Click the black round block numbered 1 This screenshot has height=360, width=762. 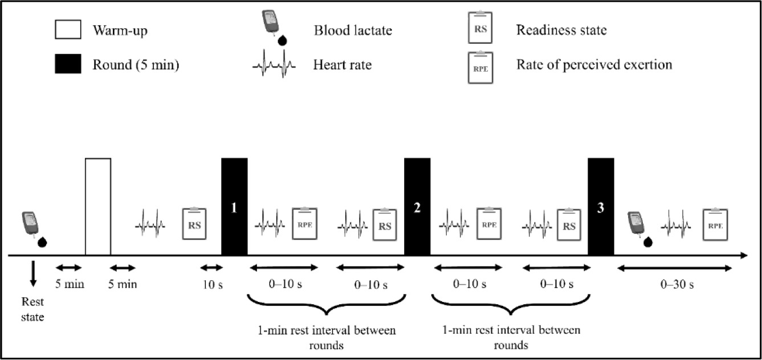pos(234,207)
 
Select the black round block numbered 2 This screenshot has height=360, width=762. pos(417,207)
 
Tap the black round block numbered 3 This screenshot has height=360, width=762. pos(601,207)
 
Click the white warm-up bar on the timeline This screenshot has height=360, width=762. pos(98,207)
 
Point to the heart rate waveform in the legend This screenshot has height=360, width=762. pos(274,66)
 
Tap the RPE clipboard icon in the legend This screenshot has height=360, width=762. pos(480,67)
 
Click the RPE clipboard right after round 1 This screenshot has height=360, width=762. pos(305,224)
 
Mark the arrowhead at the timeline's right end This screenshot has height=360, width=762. pos(743,256)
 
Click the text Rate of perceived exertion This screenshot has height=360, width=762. pos(594,65)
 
